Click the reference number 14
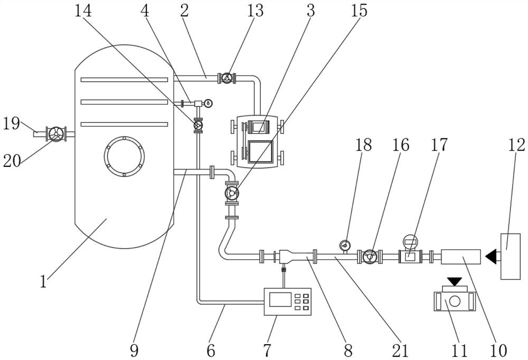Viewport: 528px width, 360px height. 83,11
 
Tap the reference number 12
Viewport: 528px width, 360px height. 517,145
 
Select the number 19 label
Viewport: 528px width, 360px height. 12,124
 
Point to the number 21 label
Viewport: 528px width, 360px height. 400,350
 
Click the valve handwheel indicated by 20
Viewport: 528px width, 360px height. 55,134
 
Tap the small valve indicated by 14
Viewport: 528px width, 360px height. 198,125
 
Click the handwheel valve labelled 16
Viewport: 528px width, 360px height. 370,257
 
